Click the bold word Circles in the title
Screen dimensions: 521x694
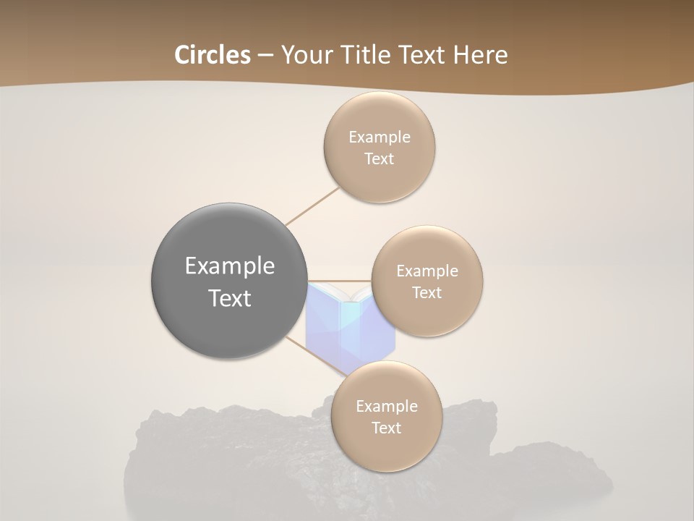coord(212,54)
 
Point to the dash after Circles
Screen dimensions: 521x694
coord(265,55)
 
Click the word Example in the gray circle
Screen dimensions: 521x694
coord(230,266)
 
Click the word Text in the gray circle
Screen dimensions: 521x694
coord(230,298)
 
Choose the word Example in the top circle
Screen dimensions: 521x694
coord(380,137)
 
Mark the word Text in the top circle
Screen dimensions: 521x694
coord(379,158)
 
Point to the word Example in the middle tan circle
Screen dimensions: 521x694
coord(427,271)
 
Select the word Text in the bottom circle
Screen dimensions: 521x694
coord(386,428)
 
